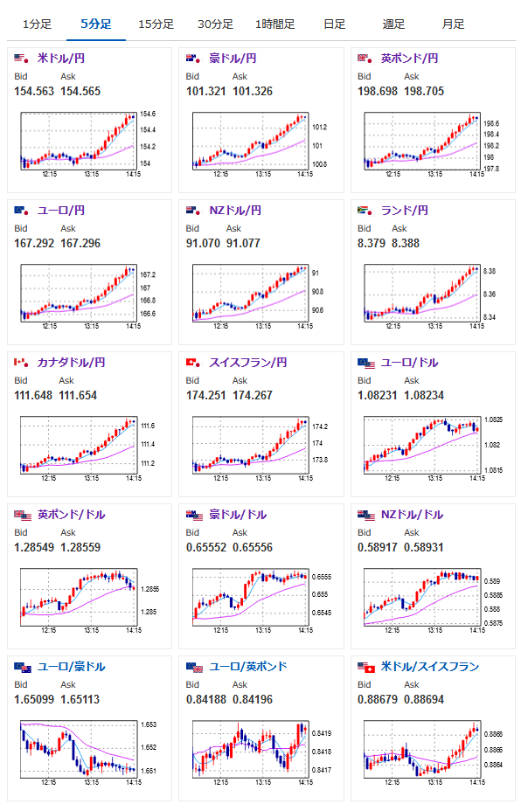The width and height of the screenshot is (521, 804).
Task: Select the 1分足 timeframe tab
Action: (x=37, y=24)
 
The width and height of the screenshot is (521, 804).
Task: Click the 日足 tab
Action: (x=334, y=24)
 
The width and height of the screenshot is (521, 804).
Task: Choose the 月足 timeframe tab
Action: (x=453, y=24)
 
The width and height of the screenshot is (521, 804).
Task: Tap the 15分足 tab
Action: (x=156, y=24)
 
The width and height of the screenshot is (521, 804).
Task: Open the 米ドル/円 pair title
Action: (x=61, y=59)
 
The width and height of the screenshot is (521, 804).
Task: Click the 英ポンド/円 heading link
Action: (x=409, y=59)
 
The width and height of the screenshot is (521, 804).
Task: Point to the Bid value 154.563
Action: (x=34, y=91)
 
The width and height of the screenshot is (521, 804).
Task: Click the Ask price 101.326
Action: (x=253, y=91)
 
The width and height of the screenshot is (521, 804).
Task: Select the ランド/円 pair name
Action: (x=404, y=211)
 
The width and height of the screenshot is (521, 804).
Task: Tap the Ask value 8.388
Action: (x=406, y=244)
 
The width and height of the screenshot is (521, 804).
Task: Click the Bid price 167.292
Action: (x=34, y=244)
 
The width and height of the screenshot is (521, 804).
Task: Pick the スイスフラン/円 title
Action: (x=247, y=363)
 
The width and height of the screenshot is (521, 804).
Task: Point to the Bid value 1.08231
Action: (x=378, y=395)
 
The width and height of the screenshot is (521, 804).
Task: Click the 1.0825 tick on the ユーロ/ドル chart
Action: (x=493, y=420)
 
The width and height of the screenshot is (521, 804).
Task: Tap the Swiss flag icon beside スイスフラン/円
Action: (x=193, y=363)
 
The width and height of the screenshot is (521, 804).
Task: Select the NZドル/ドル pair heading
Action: (x=412, y=515)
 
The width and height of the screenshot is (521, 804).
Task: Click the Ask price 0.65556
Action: (x=253, y=548)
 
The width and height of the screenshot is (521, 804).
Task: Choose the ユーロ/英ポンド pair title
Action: (x=248, y=667)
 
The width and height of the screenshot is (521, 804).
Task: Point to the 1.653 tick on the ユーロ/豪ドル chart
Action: (x=149, y=724)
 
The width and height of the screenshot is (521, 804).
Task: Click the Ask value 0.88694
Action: (x=424, y=699)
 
